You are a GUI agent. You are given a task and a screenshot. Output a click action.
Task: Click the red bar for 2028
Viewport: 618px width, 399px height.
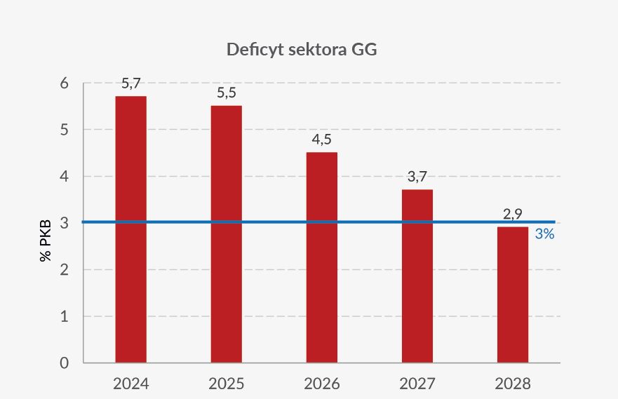pyautogui.click(x=512, y=295)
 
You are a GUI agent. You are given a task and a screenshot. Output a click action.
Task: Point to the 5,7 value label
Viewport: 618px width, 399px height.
pyautogui.click(x=130, y=84)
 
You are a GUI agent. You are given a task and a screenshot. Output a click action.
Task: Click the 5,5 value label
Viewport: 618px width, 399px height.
pyautogui.click(x=226, y=93)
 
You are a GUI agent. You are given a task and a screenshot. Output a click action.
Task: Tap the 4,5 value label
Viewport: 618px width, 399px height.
pyautogui.click(x=321, y=140)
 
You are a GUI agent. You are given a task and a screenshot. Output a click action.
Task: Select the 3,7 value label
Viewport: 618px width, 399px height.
pyautogui.click(x=417, y=177)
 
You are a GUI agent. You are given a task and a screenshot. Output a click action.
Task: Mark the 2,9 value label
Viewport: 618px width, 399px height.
pyautogui.click(x=512, y=214)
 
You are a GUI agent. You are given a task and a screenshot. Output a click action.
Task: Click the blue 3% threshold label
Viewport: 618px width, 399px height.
pyautogui.click(x=544, y=234)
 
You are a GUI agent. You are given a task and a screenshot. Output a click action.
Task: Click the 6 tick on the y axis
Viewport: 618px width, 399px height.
pyautogui.click(x=64, y=83)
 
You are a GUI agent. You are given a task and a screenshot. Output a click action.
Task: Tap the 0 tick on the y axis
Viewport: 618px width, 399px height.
pyautogui.click(x=64, y=363)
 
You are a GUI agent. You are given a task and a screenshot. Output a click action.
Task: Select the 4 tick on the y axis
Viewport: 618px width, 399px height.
pyautogui.click(x=64, y=176)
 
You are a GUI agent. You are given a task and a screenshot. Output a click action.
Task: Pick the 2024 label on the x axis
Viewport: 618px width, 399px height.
pyautogui.click(x=130, y=384)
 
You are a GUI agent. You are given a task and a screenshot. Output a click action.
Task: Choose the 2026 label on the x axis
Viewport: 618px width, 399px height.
pyautogui.click(x=321, y=384)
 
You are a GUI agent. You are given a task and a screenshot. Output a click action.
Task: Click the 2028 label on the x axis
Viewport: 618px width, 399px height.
pyautogui.click(x=512, y=384)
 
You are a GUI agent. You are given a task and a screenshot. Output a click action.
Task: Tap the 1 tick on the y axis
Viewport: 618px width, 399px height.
pyautogui.click(x=64, y=316)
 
